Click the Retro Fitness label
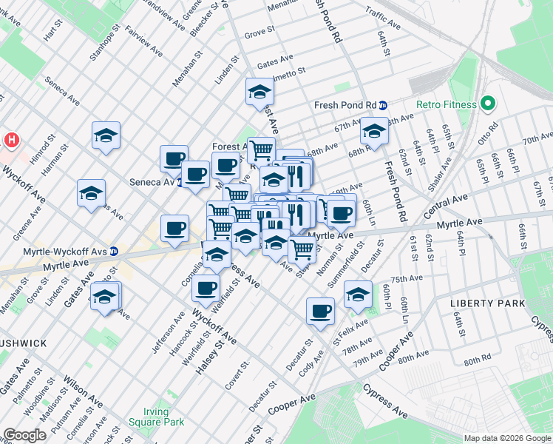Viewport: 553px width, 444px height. tap(446, 104)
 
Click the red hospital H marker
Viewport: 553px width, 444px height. tap(12, 139)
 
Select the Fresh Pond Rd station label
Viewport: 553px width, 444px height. tap(345, 105)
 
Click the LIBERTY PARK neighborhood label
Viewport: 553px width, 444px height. tap(488, 303)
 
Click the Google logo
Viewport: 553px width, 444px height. tap(24, 435)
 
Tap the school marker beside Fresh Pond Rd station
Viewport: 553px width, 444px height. tap(374, 132)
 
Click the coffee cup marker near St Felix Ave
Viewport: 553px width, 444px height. tap(320, 310)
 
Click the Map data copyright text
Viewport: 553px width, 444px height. tap(506, 438)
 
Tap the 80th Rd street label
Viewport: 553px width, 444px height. tap(477, 360)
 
